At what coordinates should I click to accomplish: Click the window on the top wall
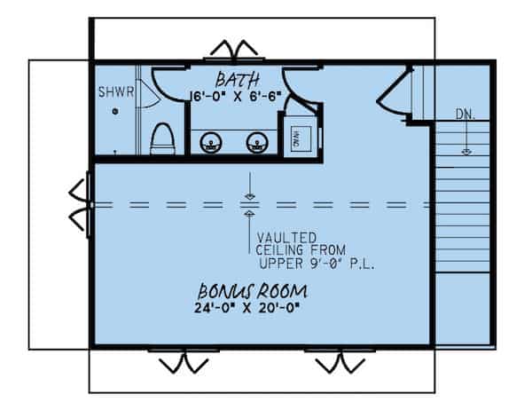pyautogui.click(x=231, y=51)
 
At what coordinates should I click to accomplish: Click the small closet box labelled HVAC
pyautogui.click(x=298, y=138)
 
